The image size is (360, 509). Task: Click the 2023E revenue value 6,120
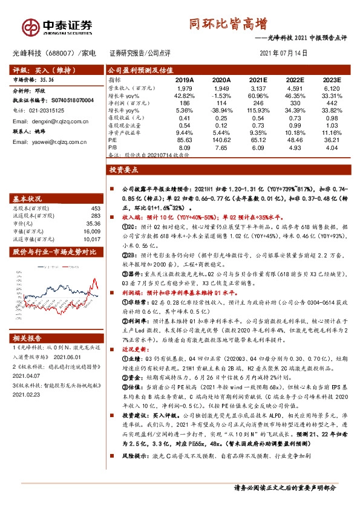tap(332, 89)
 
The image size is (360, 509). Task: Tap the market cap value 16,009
tap(91, 230)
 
